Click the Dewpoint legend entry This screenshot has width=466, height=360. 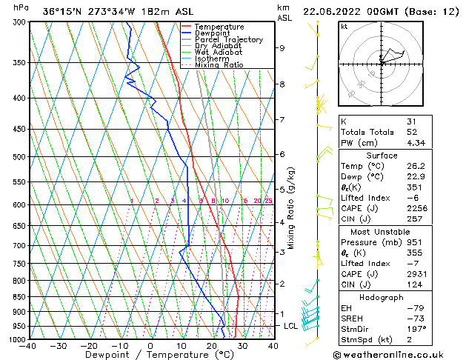(x=213, y=33)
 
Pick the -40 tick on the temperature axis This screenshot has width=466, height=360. (x=29, y=346)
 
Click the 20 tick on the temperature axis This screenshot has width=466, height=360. (x=212, y=346)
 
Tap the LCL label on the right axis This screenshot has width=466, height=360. (x=290, y=326)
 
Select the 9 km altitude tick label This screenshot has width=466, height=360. (x=282, y=48)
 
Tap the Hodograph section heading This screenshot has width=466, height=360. (x=382, y=297)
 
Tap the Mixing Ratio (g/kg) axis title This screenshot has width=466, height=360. (x=292, y=208)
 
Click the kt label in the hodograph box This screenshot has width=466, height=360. (x=344, y=27)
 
